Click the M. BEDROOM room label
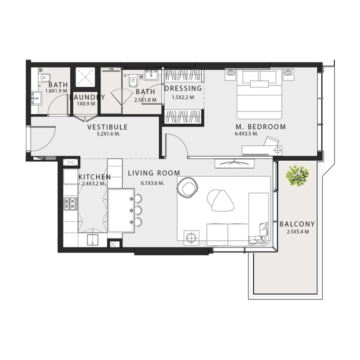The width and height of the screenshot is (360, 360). coord(260,127)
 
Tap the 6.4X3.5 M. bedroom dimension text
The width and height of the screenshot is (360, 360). coord(246,134)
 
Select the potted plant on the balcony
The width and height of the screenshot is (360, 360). coord(297,175)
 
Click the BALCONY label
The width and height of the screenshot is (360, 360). coord(297,224)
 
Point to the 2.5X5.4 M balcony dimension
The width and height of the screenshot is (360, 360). coord(297,232)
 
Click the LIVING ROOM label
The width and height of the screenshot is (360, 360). coord(154,173)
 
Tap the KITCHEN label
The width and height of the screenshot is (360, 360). coord(94,177)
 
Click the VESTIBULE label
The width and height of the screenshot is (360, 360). coord(108,127)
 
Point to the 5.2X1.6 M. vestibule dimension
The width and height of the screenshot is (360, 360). coord(108,134)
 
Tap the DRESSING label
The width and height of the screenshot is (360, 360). coord(183,89)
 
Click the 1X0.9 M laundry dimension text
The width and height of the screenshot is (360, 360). coord(86,104)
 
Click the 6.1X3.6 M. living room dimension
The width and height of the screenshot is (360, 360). coord(152,183)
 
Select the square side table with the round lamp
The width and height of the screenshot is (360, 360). coord(192,237)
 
